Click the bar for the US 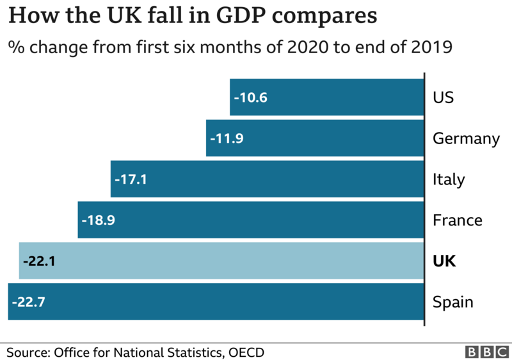point(326,97)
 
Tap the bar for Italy point(267,179)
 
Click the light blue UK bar point(221,261)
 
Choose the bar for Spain point(216,302)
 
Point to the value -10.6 point(250,98)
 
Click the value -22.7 point(28,302)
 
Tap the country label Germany point(466,139)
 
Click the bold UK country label point(444,261)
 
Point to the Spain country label point(452,302)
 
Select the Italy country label point(449,180)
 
